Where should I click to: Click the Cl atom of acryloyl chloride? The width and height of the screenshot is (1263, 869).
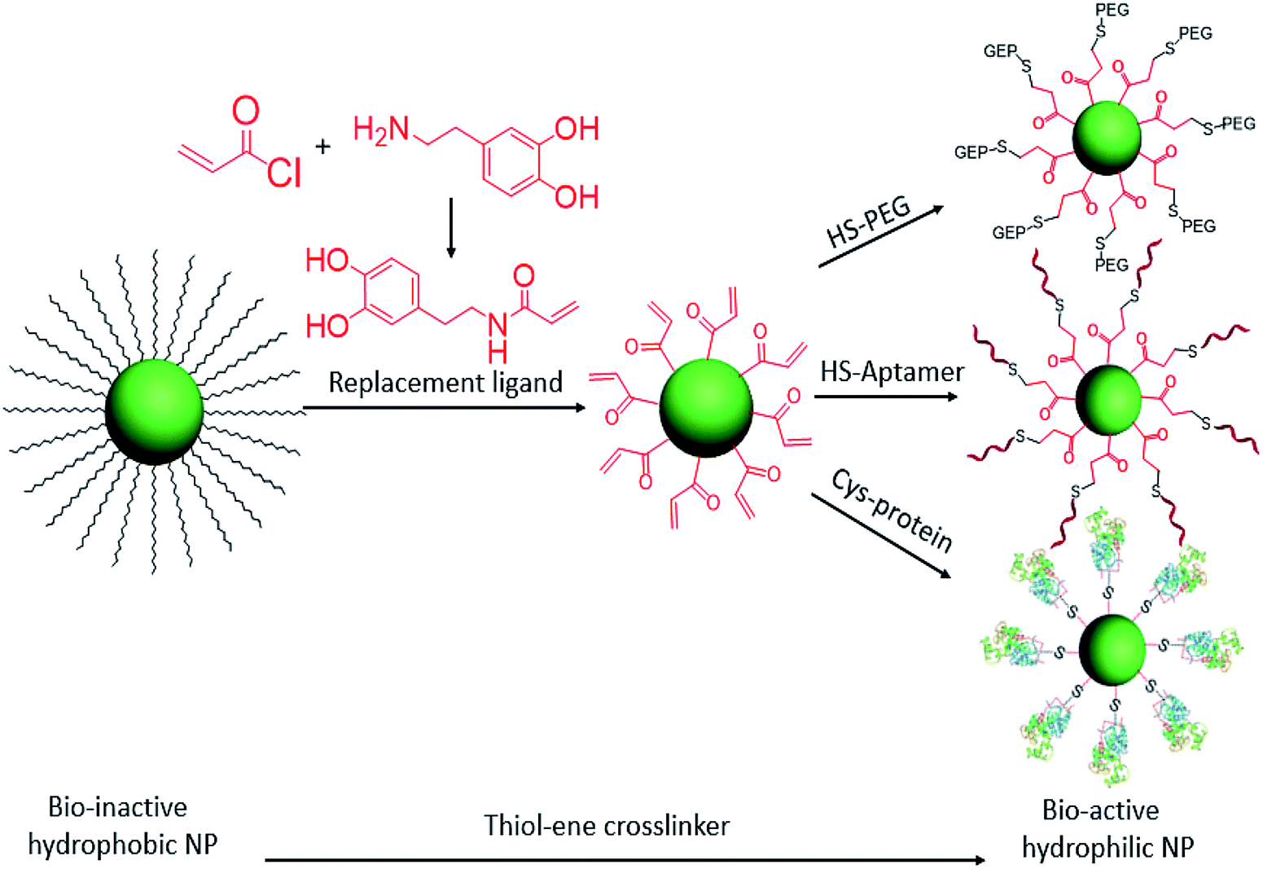pyautogui.click(x=283, y=173)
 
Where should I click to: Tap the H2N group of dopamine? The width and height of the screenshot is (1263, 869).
pyautogui.click(x=383, y=130)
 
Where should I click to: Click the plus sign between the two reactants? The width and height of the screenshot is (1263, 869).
pyautogui.click(x=324, y=147)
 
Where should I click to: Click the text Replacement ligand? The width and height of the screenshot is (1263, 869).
pyautogui.click(x=445, y=382)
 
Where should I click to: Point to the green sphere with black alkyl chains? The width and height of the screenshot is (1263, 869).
pyautogui.click(x=154, y=411)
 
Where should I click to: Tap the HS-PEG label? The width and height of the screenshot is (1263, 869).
pyautogui.click(x=869, y=221)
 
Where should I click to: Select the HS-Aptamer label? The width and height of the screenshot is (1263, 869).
pyautogui.click(x=892, y=372)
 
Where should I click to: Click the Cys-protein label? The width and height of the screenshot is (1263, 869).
pyautogui.click(x=892, y=510)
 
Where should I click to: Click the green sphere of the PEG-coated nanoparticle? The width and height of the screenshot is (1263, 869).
pyautogui.click(x=1107, y=138)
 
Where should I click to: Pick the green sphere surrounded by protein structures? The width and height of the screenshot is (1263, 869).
pyautogui.click(x=1112, y=649)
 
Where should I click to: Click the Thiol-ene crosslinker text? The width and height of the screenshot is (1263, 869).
pyautogui.click(x=607, y=825)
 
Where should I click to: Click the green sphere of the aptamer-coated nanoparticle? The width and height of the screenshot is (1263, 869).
pyautogui.click(x=1108, y=399)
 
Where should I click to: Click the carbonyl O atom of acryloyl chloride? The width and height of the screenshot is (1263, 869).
pyautogui.click(x=246, y=110)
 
